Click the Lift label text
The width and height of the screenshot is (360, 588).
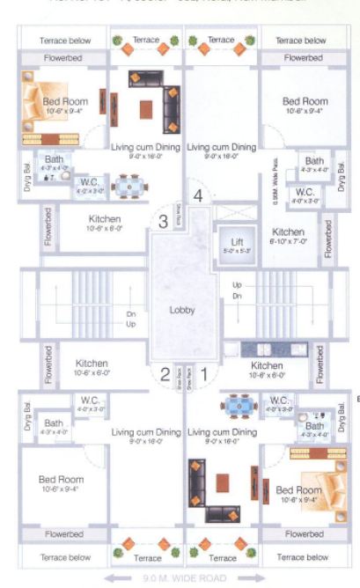click(234, 241)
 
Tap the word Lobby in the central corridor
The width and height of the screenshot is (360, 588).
click(182, 310)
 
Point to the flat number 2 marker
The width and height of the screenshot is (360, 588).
click(165, 373)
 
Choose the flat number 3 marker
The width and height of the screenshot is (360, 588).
click(163, 222)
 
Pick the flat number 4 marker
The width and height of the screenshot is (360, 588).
click(199, 195)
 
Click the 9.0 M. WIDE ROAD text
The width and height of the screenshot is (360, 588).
click(182, 578)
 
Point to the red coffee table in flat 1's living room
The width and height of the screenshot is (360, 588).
click(222, 484)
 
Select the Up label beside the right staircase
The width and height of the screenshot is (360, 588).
click(237, 285)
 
